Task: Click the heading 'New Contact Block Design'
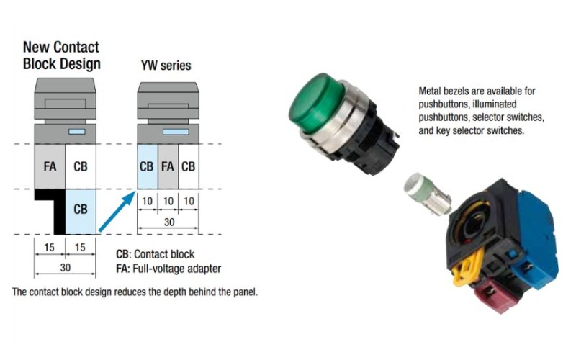[61, 55]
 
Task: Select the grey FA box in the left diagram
[50, 167]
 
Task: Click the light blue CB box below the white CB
[81, 210]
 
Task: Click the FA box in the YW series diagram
[168, 166]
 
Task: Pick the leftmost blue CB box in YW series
[147, 166]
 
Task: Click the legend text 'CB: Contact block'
[155, 255]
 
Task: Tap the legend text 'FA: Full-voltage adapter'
[168, 269]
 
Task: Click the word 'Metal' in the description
[431, 91]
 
